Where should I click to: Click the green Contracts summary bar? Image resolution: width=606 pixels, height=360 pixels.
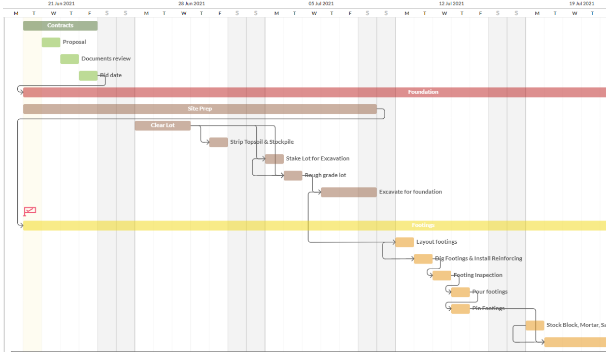click(x=60, y=25)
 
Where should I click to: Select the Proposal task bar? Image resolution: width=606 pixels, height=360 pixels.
click(x=51, y=42)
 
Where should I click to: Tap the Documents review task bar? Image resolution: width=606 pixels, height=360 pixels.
click(x=70, y=59)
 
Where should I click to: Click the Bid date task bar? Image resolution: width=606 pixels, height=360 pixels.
click(x=88, y=76)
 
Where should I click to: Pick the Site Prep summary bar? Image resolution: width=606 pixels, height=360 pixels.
click(x=199, y=109)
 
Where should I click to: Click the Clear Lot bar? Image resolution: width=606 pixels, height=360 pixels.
click(x=162, y=125)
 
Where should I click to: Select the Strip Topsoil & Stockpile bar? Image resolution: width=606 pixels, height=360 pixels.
click(x=218, y=142)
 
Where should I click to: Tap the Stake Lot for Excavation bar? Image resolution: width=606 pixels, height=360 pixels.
click(x=274, y=159)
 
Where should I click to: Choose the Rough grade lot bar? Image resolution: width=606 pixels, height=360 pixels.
click(x=293, y=176)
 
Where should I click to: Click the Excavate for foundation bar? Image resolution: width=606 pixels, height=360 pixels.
click(x=349, y=192)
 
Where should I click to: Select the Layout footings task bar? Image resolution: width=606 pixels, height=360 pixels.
click(x=405, y=242)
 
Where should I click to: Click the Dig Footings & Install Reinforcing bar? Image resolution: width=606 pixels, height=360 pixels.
click(x=423, y=259)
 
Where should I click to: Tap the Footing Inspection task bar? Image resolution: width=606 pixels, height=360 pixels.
click(x=442, y=275)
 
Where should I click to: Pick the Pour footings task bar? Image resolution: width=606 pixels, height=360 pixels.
click(x=460, y=292)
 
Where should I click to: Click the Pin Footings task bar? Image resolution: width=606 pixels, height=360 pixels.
click(x=460, y=309)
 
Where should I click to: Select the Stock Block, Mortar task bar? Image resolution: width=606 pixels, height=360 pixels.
click(x=535, y=325)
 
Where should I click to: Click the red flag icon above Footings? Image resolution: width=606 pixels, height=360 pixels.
click(x=29, y=211)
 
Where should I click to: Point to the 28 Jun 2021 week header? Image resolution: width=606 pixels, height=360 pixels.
click(x=191, y=4)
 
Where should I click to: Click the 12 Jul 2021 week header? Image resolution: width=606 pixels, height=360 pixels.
click(x=452, y=4)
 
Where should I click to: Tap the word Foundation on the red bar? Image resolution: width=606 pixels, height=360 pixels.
click(x=423, y=92)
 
